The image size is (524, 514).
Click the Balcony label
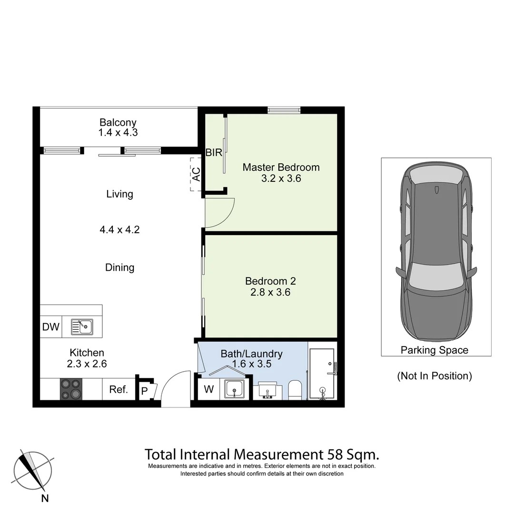118,122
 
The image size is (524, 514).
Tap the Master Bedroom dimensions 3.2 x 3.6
281,179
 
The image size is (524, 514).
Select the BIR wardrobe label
214,153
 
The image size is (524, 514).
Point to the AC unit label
196,174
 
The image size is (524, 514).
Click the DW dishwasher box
51,327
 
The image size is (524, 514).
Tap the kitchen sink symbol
82,327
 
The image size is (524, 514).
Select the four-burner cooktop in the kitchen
70,389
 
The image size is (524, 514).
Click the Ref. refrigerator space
119,389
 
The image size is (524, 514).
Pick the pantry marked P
144,391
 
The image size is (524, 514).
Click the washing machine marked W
208,389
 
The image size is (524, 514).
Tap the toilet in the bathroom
295,389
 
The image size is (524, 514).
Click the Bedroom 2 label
270,281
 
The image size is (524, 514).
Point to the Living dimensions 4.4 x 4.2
119,229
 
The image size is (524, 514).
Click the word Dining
119,267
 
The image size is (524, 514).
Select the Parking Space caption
434,350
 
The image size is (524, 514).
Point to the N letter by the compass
45,498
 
